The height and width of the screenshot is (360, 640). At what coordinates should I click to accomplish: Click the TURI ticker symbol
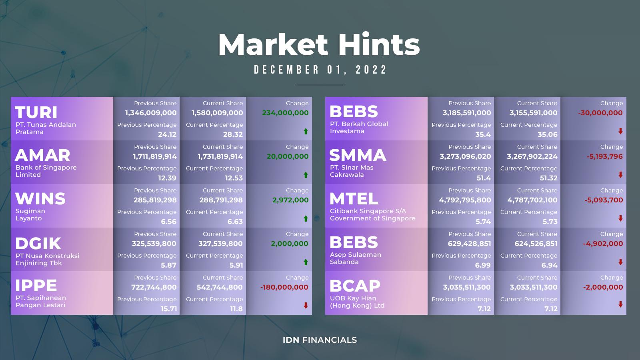(x=36, y=112)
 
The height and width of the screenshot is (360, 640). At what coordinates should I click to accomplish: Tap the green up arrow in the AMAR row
(x=306, y=175)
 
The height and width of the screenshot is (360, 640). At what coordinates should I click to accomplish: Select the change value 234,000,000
(x=285, y=113)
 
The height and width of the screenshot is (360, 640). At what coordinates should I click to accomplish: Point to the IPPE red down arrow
(x=306, y=306)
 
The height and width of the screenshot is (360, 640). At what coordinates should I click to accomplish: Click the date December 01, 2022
(x=320, y=70)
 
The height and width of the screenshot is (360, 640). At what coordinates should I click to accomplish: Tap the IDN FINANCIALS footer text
(x=320, y=340)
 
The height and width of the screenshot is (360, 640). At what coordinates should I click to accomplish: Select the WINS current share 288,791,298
(x=221, y=200)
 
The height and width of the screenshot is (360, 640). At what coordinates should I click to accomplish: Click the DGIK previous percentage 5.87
(x=168, y=265)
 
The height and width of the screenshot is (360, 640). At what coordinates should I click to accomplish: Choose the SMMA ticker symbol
(x=358, y=155)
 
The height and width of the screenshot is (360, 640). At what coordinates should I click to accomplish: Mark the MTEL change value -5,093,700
(x=604, y=200)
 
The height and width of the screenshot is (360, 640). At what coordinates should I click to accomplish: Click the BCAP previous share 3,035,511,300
(x=467, y=287)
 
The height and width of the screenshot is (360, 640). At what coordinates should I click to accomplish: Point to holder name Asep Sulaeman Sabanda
(x=356, y=258)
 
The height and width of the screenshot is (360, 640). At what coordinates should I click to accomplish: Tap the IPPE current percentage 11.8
(x=236, y=309)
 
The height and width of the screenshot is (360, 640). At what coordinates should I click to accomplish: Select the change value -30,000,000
(x=600, y=113)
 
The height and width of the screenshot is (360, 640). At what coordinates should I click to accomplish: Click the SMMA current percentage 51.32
(x=548, y=178)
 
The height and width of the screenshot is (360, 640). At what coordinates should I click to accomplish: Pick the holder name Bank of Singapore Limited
(x=46, y=171)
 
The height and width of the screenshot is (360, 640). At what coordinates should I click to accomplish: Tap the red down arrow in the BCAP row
(x=620, y=304)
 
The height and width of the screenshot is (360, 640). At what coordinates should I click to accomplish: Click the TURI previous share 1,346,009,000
(x=151, y=113)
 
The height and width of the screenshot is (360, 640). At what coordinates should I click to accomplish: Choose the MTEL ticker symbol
(x=354, y=199)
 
